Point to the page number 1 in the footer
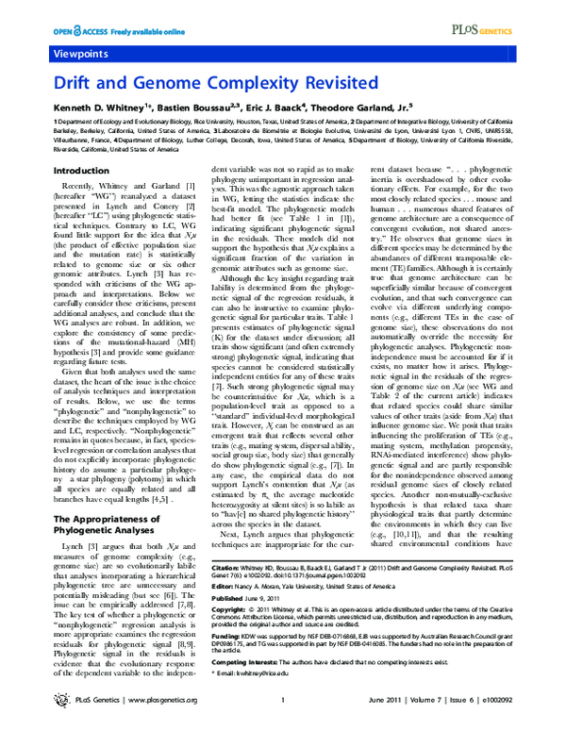pos(283,724)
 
